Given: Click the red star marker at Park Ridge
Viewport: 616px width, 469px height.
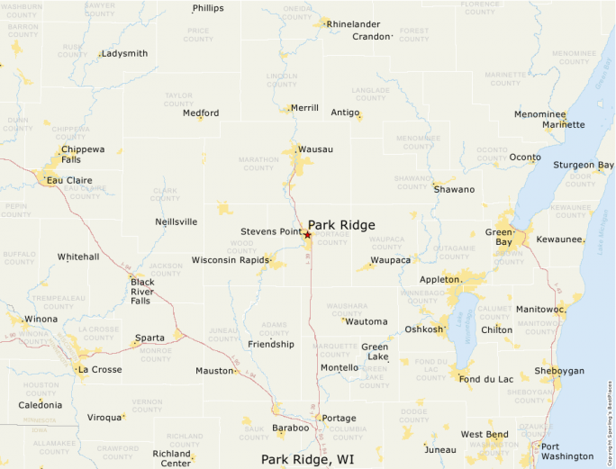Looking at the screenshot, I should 307,235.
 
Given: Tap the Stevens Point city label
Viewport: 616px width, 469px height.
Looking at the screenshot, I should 270,231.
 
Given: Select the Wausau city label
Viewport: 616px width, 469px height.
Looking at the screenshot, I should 315,149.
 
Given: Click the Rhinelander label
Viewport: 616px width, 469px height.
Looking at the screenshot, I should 353,23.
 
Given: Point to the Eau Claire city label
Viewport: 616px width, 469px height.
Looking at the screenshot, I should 69,180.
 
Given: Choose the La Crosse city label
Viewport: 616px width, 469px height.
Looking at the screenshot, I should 100,369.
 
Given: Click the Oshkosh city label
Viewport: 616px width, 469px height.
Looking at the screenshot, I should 423,329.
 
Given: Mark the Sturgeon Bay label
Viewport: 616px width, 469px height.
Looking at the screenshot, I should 584,165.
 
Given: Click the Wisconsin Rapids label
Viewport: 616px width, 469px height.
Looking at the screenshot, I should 230,260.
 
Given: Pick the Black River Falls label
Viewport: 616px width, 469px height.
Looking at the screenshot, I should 141,291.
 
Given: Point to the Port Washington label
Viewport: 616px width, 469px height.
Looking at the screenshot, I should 562,451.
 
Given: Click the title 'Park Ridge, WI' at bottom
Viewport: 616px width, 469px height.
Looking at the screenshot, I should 307,459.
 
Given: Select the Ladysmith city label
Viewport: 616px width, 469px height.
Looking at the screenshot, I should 124,53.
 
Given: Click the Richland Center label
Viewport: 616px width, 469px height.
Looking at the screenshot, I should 172,458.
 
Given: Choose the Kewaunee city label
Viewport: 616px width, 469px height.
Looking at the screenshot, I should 559,239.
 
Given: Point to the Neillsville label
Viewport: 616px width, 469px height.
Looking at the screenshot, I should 176,221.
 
